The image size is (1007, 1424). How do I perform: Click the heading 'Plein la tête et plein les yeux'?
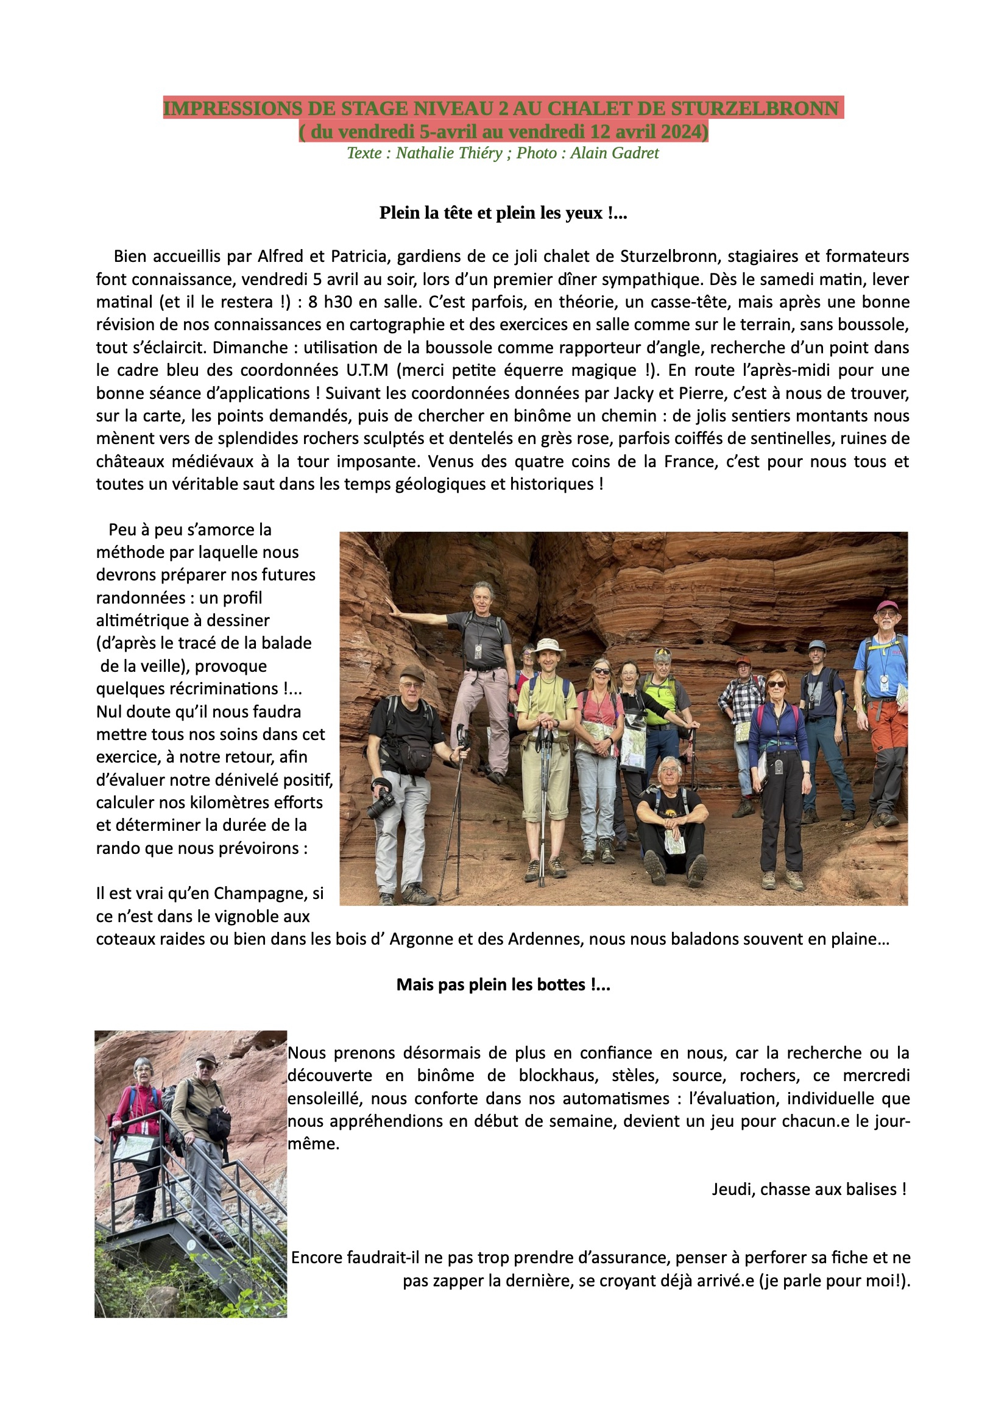(503, 213)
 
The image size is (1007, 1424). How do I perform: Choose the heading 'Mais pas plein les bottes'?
(503, 985)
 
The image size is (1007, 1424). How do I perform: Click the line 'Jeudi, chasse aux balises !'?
(808, 1190)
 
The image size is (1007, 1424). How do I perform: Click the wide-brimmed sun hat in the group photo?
(548, 646)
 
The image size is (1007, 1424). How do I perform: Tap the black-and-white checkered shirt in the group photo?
(742, 701)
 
